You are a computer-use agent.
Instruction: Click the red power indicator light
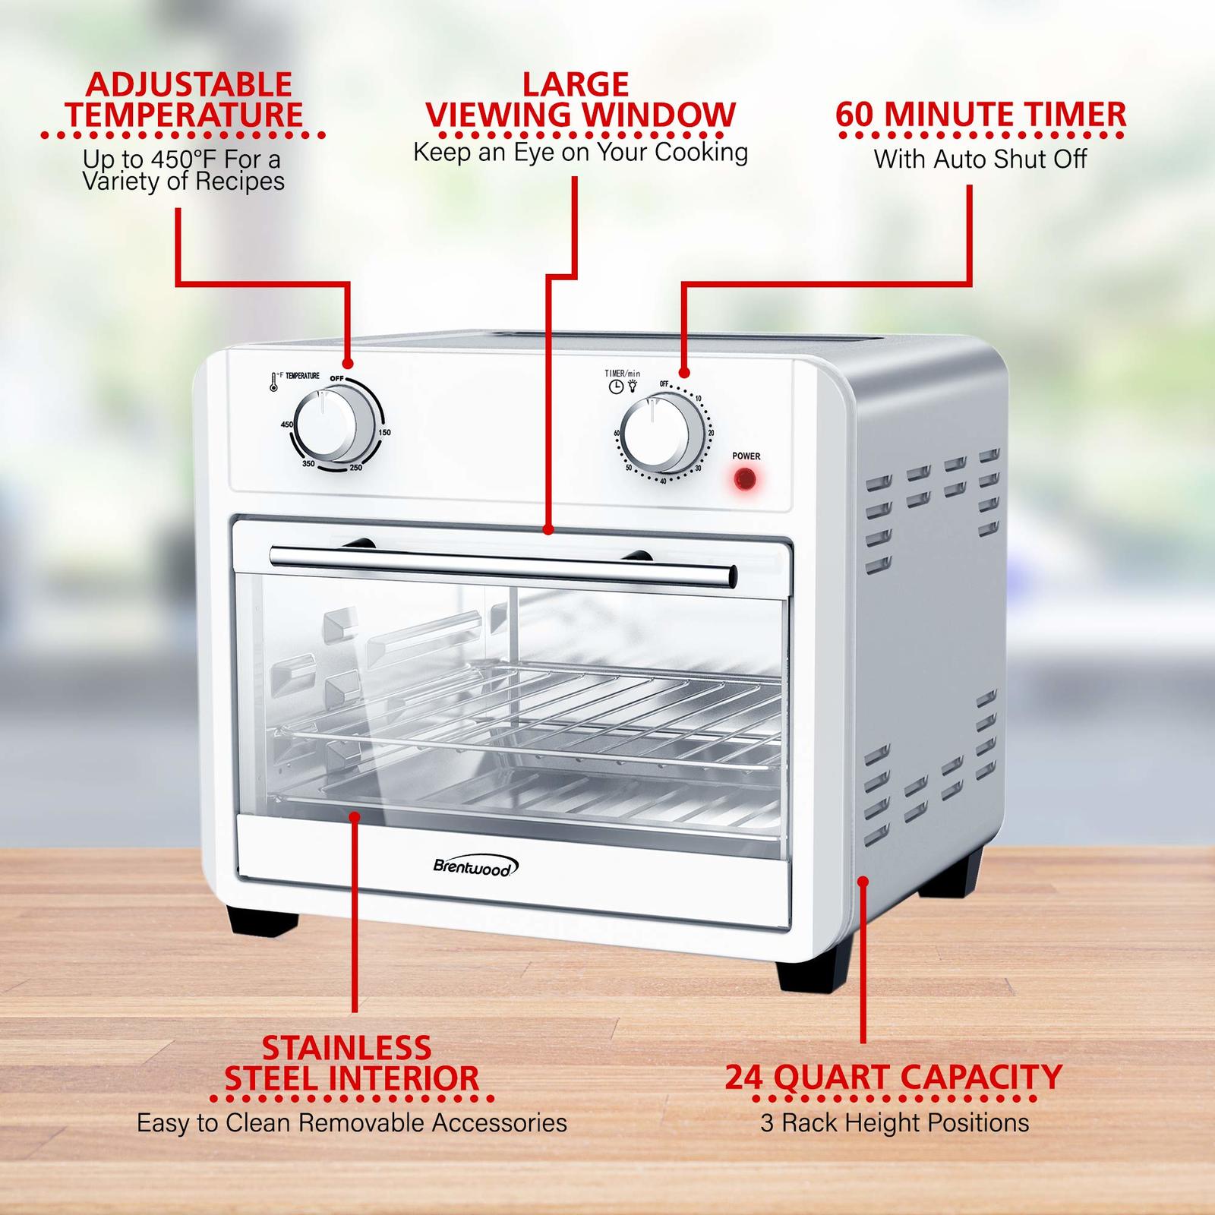coord(746,479)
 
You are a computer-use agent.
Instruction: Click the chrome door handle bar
coord(503,565)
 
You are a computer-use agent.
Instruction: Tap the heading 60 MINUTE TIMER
coord(981,115)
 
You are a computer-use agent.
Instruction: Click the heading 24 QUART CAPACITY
coord(893,1078)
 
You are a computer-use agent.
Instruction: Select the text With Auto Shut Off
coord(980,159)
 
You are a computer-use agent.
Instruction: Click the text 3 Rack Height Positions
coord(895,1123)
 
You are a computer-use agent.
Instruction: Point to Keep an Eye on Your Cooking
coord(581,153)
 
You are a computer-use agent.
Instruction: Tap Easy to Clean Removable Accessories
coord(352,1123)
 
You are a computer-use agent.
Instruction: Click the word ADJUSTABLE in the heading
coord(188,84)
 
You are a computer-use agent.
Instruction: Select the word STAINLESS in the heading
coord(347,1048)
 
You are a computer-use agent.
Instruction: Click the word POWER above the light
coord(746,456)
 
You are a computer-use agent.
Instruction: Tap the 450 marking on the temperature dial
coord(287,424)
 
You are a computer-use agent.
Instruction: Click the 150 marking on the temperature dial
coord(385,432)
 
